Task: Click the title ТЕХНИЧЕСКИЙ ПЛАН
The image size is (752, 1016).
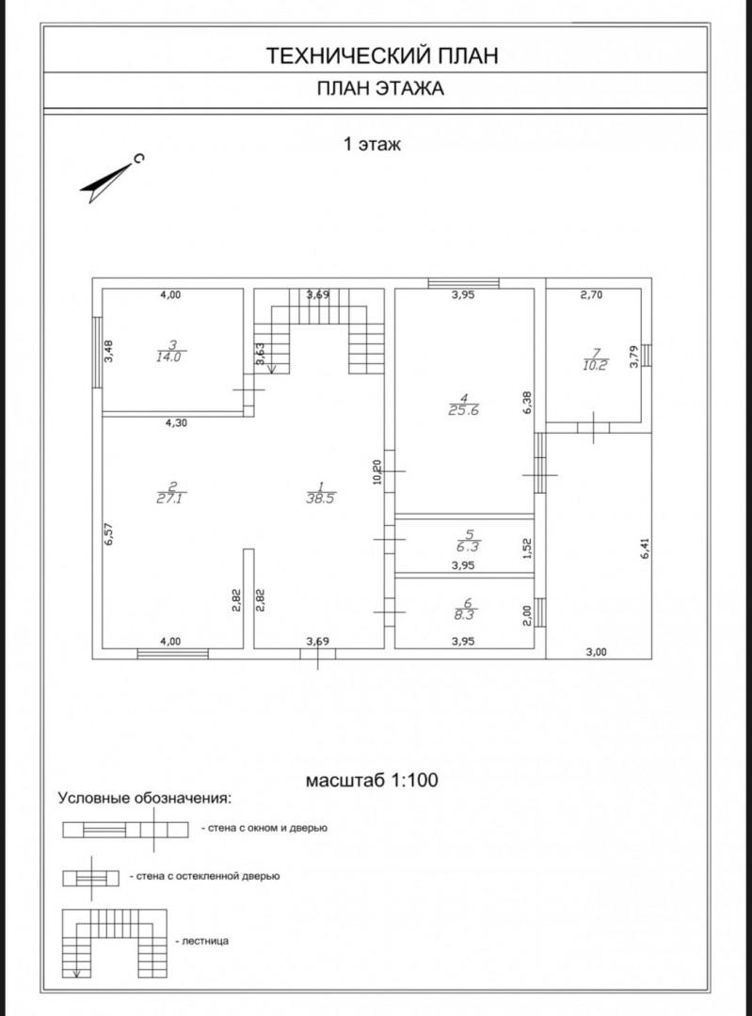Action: pyautogui.click(x=382, y=56)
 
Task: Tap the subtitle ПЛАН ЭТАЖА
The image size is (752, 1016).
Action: pyautogui.click(x=380, y=88)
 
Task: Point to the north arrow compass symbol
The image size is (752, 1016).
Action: pyautogui.click(x=110, y=179)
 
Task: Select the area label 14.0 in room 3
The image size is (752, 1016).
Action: pyautogui.click(x=168, y=357)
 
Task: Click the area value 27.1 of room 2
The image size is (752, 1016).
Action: pyautogui.click(x=168, y=499)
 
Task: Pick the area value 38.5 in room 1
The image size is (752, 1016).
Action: pyautogui.click(x=321, y=499)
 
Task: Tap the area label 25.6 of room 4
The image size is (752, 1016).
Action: pyautogui.click(x=463, y=410)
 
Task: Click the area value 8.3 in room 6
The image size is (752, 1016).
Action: pyautogui.click(x=464, y=615)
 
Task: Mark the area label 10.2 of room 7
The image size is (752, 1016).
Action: pyautogui.click(x=595, y=365)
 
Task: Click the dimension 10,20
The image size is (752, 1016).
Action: pyautogui.click(x=378, y=471)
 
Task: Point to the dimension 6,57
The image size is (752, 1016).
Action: pyautogui.click(x=109, y=534)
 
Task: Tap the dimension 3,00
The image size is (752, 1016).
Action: pyautogui.click(x=597, y=653)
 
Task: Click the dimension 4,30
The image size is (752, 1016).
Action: pyautogui.click(x=176, y=423)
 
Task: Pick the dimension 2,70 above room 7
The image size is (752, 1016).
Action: pyautogui.click(x=591, y=294)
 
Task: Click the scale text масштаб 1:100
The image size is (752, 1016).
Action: pyautogui.click(x=372, y=780)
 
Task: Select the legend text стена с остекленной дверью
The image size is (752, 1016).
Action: pyautogui.click(x=207, y=876)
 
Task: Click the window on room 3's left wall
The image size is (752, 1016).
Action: pyautogui.click(x=97, y=352)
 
